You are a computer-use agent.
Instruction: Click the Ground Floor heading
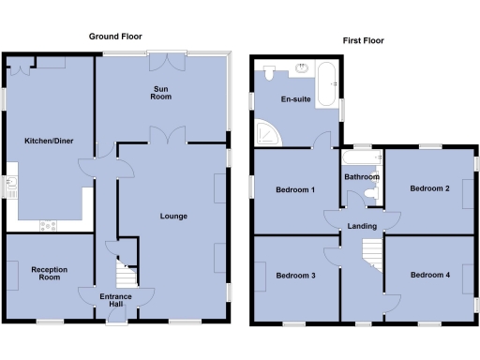tap(114, 36)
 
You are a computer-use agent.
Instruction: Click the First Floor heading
tap(365, 41)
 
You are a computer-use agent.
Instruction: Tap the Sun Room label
tap(162, 92)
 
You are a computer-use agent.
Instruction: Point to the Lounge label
tap(172, 217)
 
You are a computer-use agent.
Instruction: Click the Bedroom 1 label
tap(294, 190)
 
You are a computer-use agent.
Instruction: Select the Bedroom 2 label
tap(429, 188)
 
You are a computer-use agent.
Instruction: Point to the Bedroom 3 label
tap(295, 276)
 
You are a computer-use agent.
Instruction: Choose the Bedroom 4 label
tap(429, 275)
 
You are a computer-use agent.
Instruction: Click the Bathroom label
tap(361, 176)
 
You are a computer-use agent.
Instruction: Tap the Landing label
tap(362, 226)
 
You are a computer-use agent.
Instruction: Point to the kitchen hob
tap(48, 225)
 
